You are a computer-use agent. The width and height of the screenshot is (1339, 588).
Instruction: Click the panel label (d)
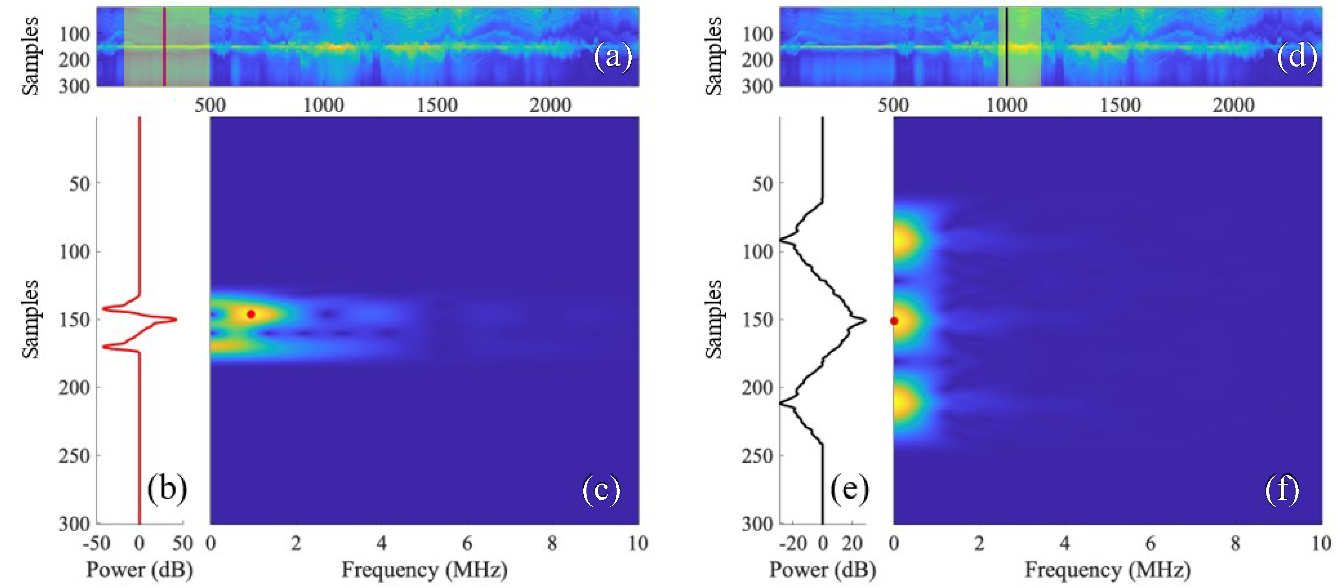click(x=1296, y=56)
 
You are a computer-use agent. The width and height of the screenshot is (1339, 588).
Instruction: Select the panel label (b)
click(x=167, y=489)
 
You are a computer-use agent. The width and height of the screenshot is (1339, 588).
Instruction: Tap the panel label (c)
click(x=601, y=489)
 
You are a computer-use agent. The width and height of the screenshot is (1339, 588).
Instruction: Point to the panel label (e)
click(x=849, y=489)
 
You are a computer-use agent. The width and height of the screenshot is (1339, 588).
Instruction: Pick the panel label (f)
click(x=1282, y=489)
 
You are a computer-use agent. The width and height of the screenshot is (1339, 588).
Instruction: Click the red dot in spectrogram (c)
click(x=251, y=314)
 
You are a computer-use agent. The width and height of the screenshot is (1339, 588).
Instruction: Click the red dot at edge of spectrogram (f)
click(x=894, y=321)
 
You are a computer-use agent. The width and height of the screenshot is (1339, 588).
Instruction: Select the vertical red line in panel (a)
click(x=164, y=47)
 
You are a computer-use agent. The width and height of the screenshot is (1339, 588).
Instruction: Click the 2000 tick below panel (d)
click(x=1234, y=105)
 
